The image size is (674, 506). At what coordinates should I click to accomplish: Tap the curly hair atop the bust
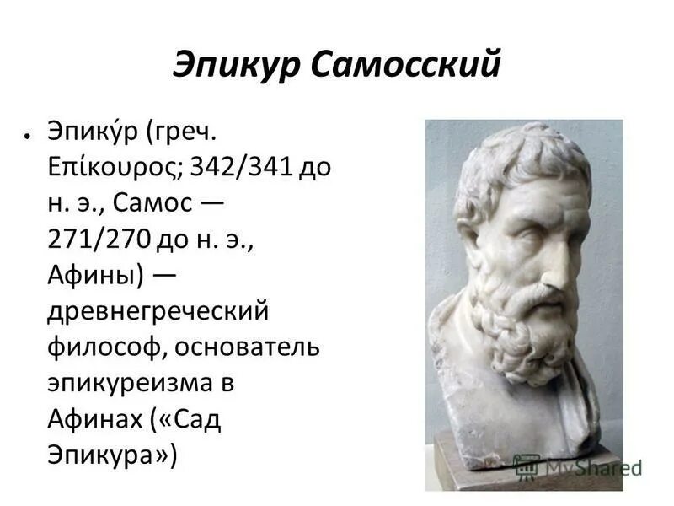[x=522, y=160]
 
